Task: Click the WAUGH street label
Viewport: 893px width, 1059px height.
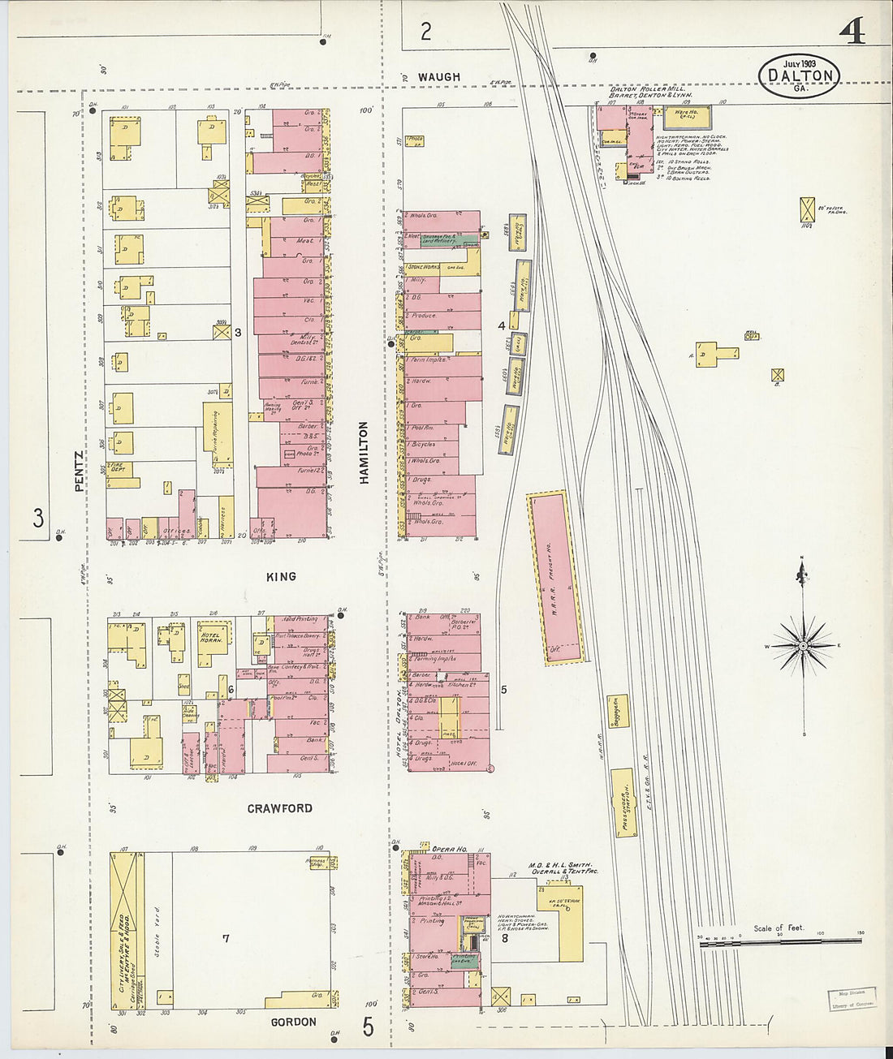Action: [x=438, y=77]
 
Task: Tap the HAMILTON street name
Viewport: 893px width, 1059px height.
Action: [x=364, y=453]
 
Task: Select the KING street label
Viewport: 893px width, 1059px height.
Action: [x=281, y=576]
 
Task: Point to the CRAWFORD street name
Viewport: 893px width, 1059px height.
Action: [x=279, y=808]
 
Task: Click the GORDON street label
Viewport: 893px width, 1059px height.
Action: [x=293, y=1022]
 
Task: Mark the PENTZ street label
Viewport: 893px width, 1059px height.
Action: [x=79, y=471]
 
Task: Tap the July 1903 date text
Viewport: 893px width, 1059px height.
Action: [x=799, y=63]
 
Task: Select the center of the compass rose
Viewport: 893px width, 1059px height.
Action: [x=803, y=645]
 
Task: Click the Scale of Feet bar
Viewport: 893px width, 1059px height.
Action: [x=779, y=940]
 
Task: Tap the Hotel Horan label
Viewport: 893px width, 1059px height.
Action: [x=211, y=637]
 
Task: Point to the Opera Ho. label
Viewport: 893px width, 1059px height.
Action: [x=448, y=848]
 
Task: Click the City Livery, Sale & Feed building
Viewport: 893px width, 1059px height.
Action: [x=125, y=931]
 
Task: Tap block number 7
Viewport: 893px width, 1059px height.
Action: [x=226, y=939]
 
